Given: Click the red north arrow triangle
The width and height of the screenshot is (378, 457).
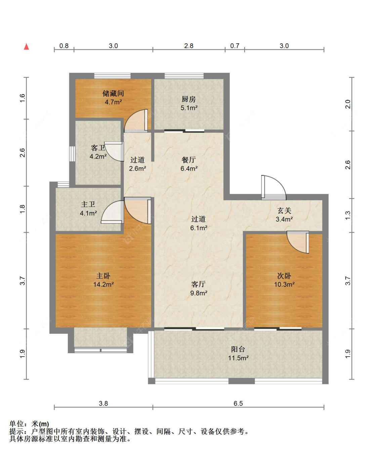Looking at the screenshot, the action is (x=27, y=47).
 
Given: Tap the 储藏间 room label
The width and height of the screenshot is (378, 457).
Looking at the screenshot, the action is (x=113, y=93).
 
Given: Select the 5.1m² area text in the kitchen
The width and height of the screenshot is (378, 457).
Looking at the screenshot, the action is (x=189, y=108).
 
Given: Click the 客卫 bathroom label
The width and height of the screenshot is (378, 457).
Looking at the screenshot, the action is (x=98, y=148).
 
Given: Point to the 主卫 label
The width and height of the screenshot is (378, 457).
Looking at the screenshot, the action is (x=88, y=204).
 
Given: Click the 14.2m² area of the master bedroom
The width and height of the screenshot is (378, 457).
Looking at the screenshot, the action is (x=103, y=284).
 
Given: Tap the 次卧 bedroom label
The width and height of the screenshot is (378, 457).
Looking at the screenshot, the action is (x=284, y=276).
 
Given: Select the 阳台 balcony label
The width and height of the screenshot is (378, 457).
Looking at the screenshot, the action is (x=238, y=349).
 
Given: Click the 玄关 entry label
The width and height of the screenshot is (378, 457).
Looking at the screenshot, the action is (x=284, y=211).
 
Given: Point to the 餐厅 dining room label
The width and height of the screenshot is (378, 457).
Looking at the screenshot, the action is (x=189, y=160).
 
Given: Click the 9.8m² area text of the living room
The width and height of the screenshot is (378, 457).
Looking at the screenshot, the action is (x=199, y=293).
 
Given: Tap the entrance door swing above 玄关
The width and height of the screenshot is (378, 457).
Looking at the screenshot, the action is (x=274, y=188).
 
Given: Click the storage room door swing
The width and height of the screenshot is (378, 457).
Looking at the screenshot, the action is (x=136, y=121).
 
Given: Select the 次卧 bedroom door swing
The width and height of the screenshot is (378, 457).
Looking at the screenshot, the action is (x=298, y=242).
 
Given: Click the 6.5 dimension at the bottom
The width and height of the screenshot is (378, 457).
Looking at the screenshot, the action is (x=238, y=403).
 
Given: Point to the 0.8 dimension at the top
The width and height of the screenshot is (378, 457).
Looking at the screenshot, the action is (x=64, y=46).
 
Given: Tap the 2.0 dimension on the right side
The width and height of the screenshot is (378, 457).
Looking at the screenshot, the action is (x=348, y=104).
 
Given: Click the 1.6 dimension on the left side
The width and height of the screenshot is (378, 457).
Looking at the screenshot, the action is (x=23, y=98).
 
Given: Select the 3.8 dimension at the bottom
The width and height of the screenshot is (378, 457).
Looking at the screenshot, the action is (x=103, y=403).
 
